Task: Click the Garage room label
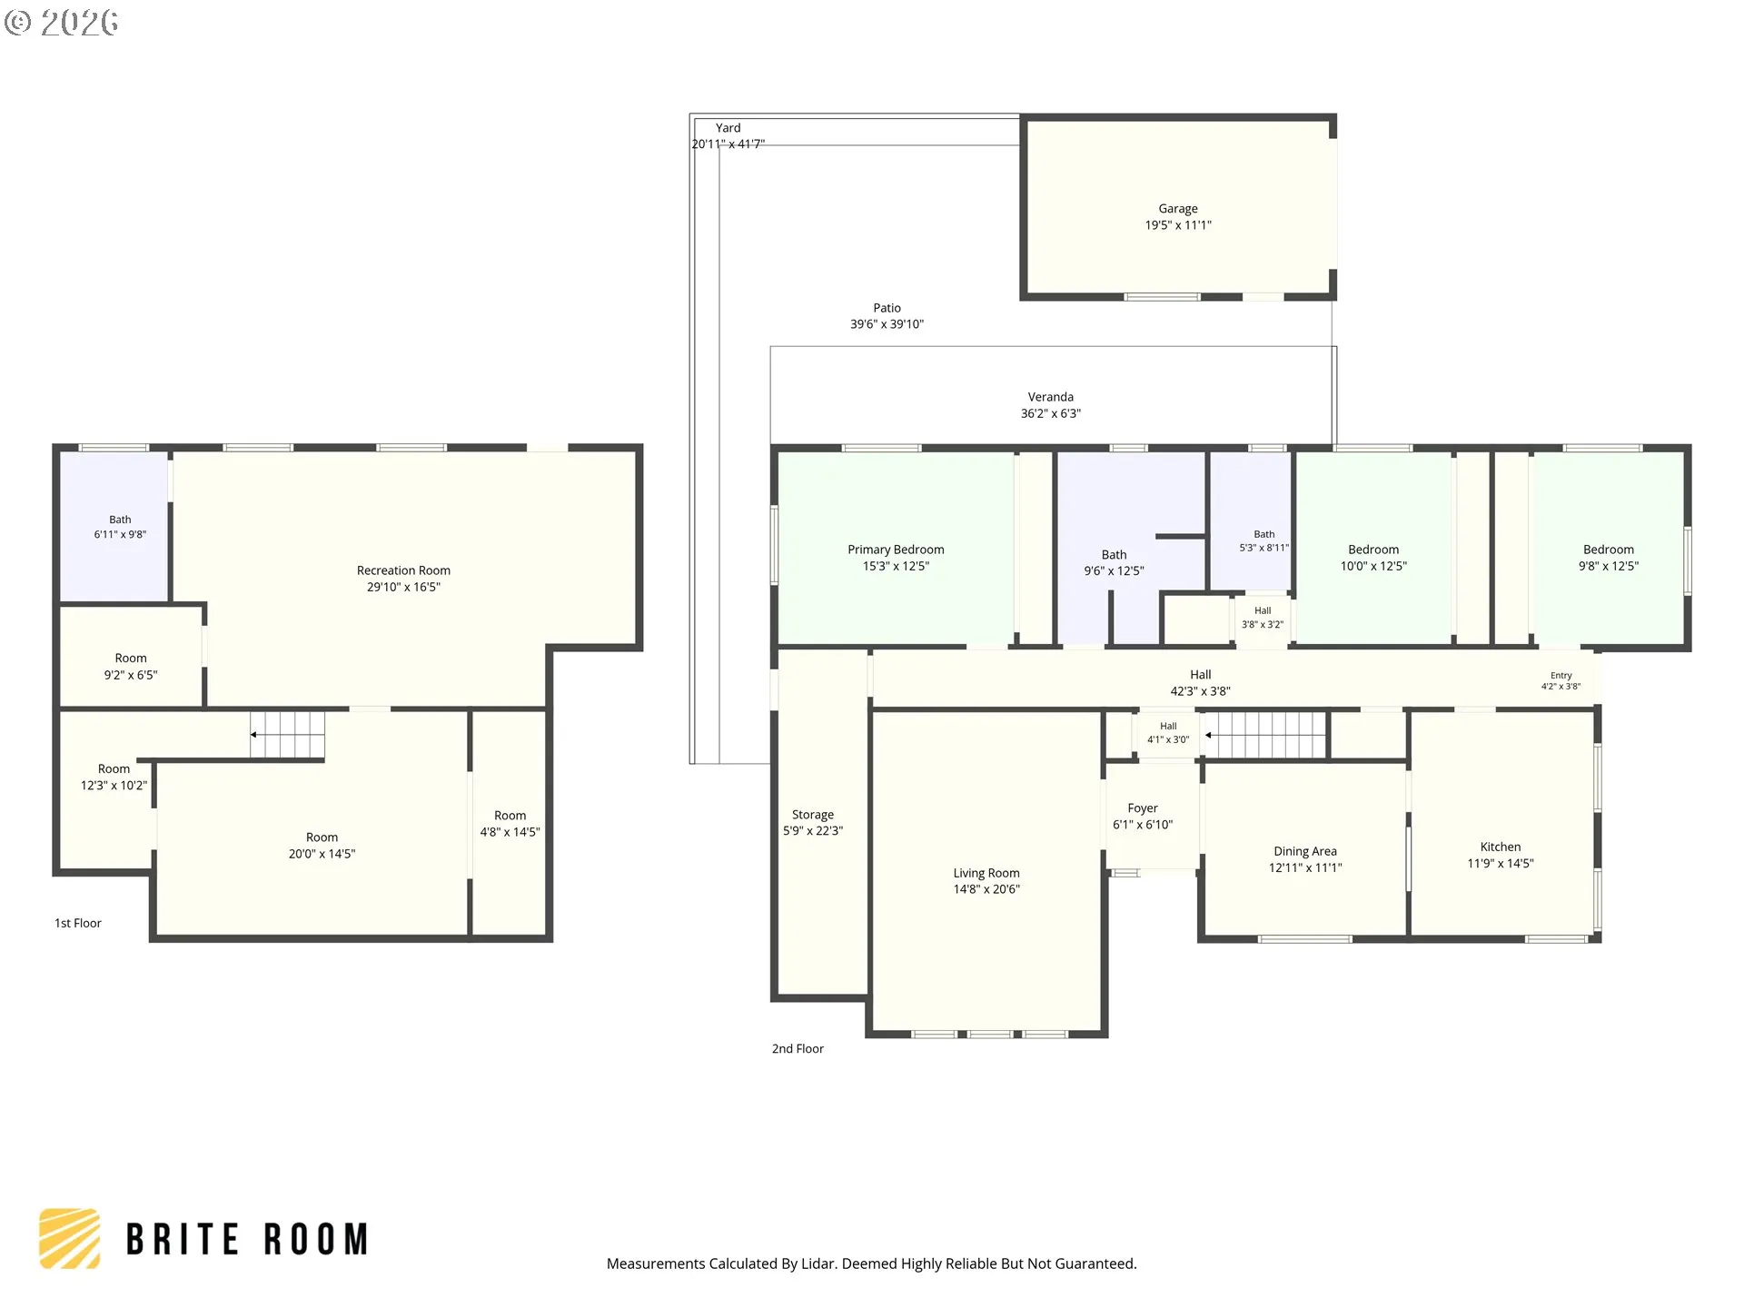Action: click(x=1178, y=209)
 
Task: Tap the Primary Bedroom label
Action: click(x=896, y=550)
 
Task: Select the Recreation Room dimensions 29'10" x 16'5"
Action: click(x=403, y=587)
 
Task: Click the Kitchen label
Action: click(x=1501, y=847)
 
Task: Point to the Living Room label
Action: click(x=986, y=873)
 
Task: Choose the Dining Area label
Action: click(x=1305, y=851)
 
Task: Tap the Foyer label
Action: click(x=1143, y=808)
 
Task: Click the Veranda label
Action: click(x=1051, y=397)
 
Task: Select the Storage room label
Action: click(x=813, y=815)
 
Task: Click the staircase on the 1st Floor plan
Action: click(x=288, y=735)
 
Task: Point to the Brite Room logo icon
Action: click(x=69, y=1238)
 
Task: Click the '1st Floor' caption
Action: click(x=78, y=923)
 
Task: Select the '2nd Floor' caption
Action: click(x=798, y=1048)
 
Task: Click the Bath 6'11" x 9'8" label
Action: click(x=120, y=527)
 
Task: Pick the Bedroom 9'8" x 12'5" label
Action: click(x=1609, y=558)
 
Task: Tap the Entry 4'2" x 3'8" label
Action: click(x=1561, y=680)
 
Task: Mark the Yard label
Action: click(x=728, y=128)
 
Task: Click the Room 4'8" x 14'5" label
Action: click(x=510, y=824)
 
